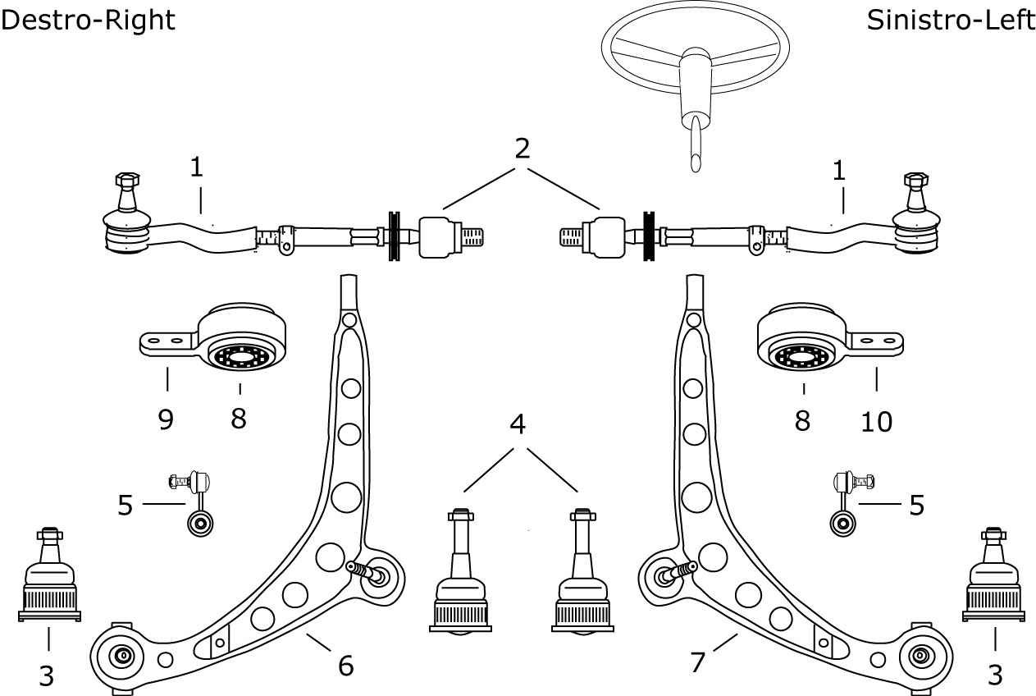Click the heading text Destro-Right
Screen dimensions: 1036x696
click(x=88, y=21)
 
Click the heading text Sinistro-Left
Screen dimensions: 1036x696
click(x=951, y=21)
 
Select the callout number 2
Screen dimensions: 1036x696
click(x=523, y=149)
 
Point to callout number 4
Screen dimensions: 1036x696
click(x=518, y=424)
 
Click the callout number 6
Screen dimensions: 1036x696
click(x=346, y=666)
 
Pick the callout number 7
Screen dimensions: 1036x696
click(x=697, y=662)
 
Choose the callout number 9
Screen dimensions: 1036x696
click(x=166, y=419)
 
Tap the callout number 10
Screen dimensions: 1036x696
click(x=876, y=422)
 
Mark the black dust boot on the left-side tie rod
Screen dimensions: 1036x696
click(x=649, y=236)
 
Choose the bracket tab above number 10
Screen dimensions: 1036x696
click(x=875, y=343)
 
